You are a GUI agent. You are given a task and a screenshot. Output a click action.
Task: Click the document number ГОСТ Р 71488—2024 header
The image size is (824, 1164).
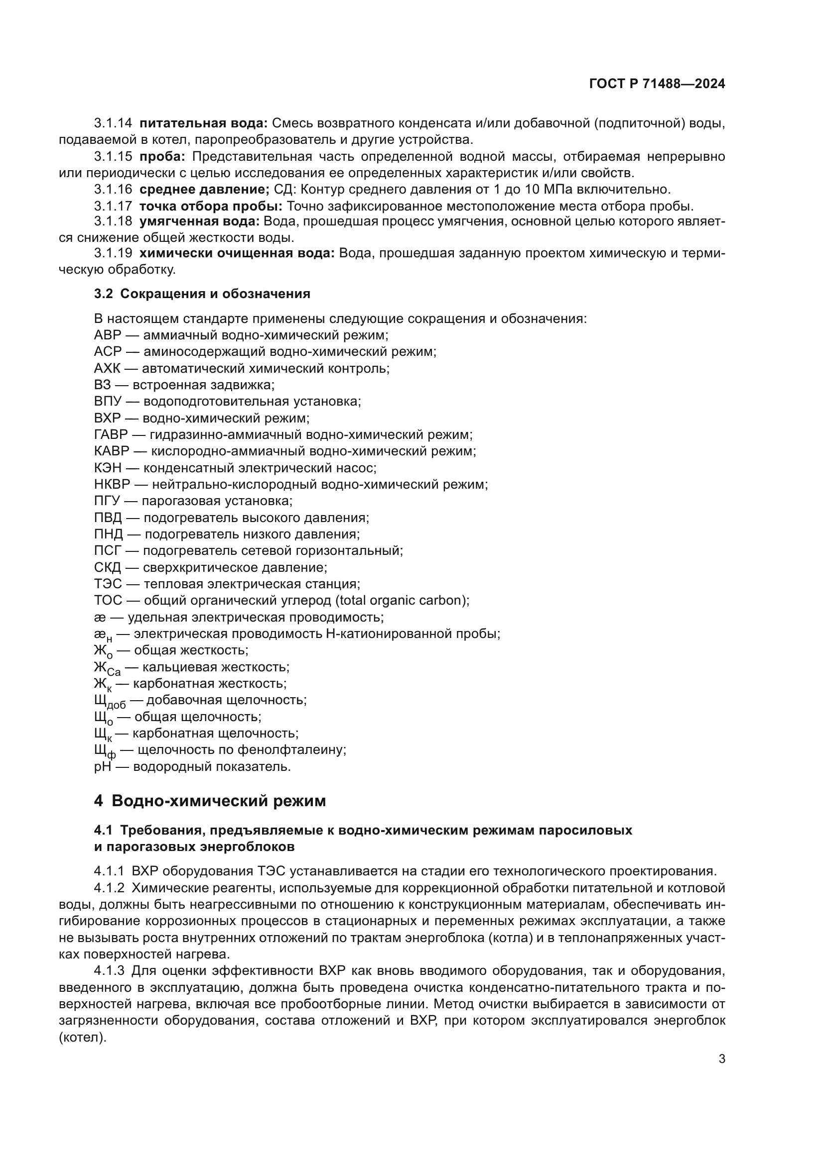(657, 84)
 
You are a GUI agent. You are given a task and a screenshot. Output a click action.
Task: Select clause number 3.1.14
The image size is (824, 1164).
(113, 123)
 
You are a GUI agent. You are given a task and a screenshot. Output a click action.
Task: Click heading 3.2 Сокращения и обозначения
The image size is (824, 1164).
(202, 294)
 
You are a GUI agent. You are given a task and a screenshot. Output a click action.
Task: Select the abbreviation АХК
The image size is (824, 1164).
(107, 369)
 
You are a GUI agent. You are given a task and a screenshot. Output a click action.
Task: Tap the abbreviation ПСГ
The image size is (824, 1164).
(107, 550)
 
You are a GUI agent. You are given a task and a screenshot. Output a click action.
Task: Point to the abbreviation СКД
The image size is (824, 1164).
(107, 567)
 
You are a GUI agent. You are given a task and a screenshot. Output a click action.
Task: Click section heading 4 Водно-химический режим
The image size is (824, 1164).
(210, 801)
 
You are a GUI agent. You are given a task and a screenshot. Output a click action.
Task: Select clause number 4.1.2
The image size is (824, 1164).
(109, 888)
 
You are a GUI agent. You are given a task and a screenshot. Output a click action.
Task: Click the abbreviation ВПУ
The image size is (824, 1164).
(108, 402)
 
